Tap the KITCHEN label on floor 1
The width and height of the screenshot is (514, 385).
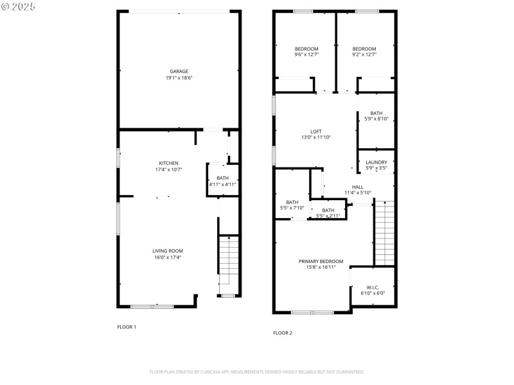coord(169,163)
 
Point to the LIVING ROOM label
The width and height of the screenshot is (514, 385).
coord(168,250)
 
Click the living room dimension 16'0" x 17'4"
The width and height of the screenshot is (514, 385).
coord(168,257)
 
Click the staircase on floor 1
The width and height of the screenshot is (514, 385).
coord(228,263)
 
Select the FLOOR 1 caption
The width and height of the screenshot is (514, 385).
coord(127,327)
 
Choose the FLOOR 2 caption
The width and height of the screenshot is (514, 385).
coord(283,333)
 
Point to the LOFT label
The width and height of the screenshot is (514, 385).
coord(315,131)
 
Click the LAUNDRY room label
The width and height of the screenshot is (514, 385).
coord(376,162)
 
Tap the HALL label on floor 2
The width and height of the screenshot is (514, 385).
coord(357,187)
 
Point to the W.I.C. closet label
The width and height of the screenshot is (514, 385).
coord(373,287)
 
